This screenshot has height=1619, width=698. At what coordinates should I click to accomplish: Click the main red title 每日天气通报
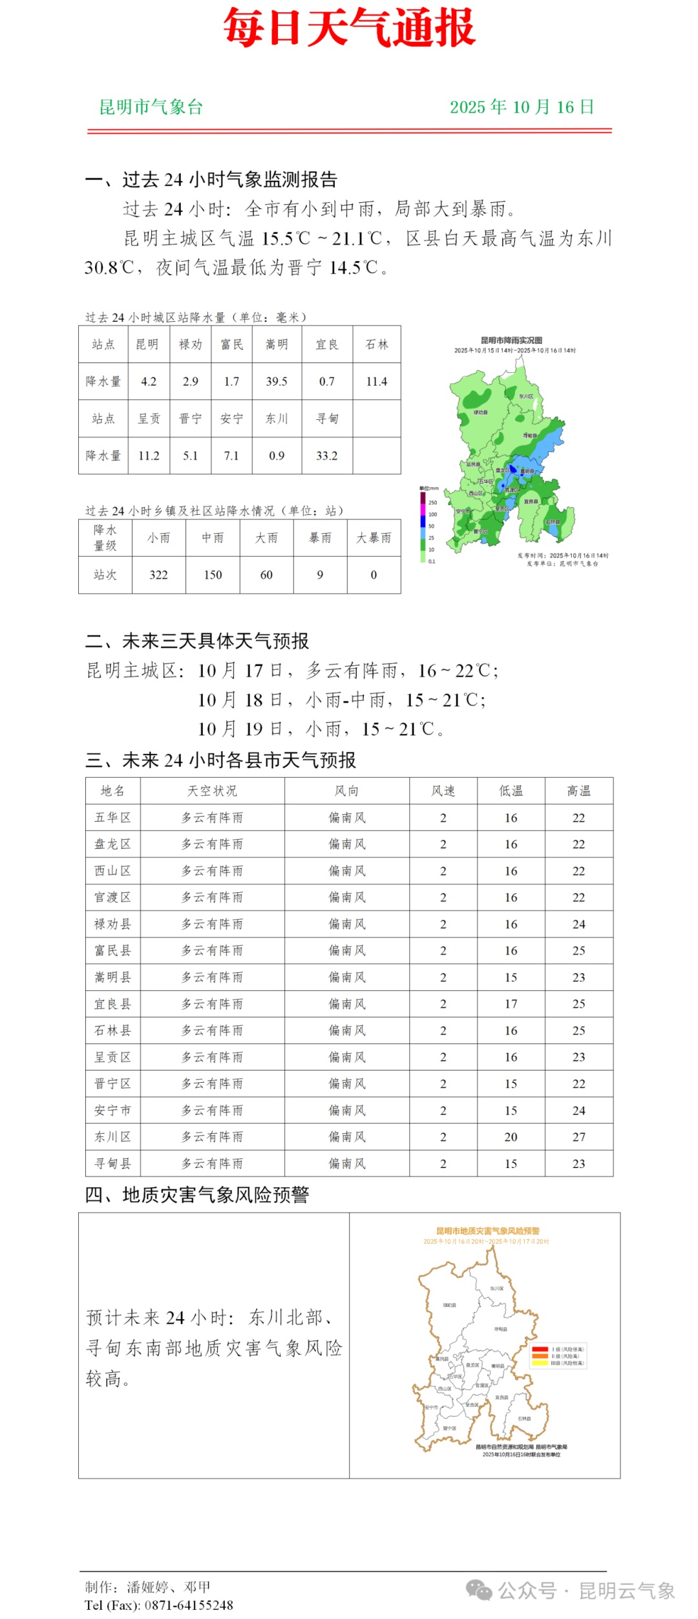(x=349, y=28)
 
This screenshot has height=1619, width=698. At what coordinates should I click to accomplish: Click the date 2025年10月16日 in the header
(x=522, y=107)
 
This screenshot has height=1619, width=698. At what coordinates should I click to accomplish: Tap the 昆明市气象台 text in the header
(x=151, y=107)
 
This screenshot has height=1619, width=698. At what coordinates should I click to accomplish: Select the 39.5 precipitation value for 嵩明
(x=277, y=382)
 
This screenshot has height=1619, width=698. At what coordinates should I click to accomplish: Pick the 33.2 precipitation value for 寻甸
(x=326, y=456)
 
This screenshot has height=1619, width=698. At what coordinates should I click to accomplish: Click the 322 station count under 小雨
(x=158, y=575)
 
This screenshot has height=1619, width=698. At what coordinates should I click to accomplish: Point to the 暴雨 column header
(x=320, y=538)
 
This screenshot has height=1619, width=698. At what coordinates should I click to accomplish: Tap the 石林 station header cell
(x=377, y=345)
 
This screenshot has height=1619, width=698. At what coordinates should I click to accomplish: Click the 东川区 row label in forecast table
(x=112, y=1137)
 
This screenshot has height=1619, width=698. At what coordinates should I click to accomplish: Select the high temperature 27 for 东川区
(x=578, y=1137)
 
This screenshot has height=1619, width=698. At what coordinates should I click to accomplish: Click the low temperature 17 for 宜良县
(x=511, y=1004)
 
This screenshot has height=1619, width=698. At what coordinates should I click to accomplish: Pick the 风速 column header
(x=443, y=791)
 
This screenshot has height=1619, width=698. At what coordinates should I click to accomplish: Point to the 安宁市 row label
(x=112, y=1111)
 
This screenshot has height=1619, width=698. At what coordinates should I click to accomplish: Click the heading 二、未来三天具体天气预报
(x=197, y=642)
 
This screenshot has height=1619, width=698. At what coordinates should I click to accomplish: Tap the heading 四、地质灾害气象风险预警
(x=197, y=1195)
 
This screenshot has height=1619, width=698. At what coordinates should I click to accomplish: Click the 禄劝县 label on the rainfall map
(x=480, y=412)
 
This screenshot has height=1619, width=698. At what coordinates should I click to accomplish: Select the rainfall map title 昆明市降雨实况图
(x=511, y=340)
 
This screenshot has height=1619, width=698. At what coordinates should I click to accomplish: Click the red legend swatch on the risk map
(x=540, y=1350)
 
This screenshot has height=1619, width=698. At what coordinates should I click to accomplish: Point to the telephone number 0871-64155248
(x=189, y=1605)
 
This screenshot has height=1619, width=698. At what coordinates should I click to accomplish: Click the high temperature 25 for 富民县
(x=578, y=951)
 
